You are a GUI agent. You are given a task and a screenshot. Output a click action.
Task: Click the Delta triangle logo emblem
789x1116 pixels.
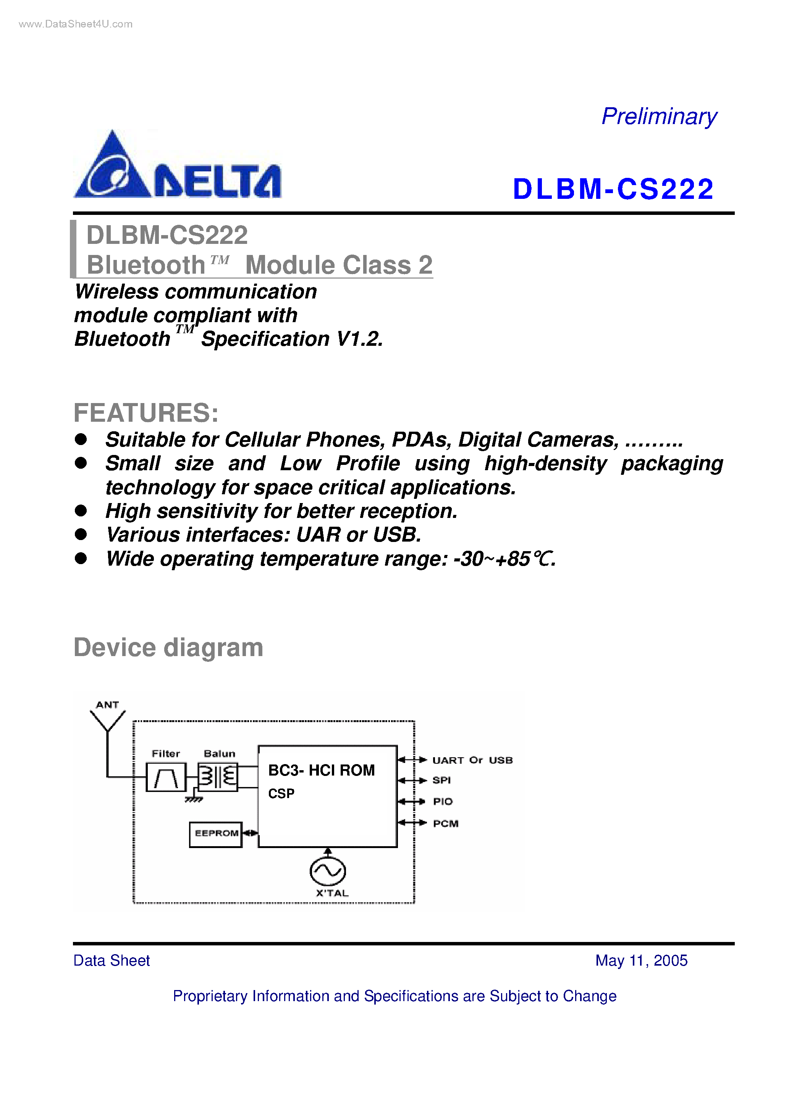pos(112,168)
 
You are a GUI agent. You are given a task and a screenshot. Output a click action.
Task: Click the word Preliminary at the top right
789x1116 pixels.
pos(659,117)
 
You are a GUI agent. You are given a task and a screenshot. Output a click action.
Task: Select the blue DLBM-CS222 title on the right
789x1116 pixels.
pos(613,189)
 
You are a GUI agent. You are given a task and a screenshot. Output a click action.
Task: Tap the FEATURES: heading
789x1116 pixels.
pos(146,413)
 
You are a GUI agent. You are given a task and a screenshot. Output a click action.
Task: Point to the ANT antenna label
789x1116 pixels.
pos(107,705)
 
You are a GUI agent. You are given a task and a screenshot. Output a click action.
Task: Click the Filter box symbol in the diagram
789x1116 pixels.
pos(166,777)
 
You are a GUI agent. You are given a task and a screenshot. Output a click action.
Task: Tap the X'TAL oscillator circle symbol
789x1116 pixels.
pos(328,871)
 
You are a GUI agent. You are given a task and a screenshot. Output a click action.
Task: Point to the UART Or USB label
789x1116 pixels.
pos(472,760)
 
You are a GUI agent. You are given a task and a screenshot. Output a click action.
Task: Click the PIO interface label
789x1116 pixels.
pos(443,802)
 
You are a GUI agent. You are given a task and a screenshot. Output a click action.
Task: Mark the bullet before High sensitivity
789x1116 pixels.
pos(81,511)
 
